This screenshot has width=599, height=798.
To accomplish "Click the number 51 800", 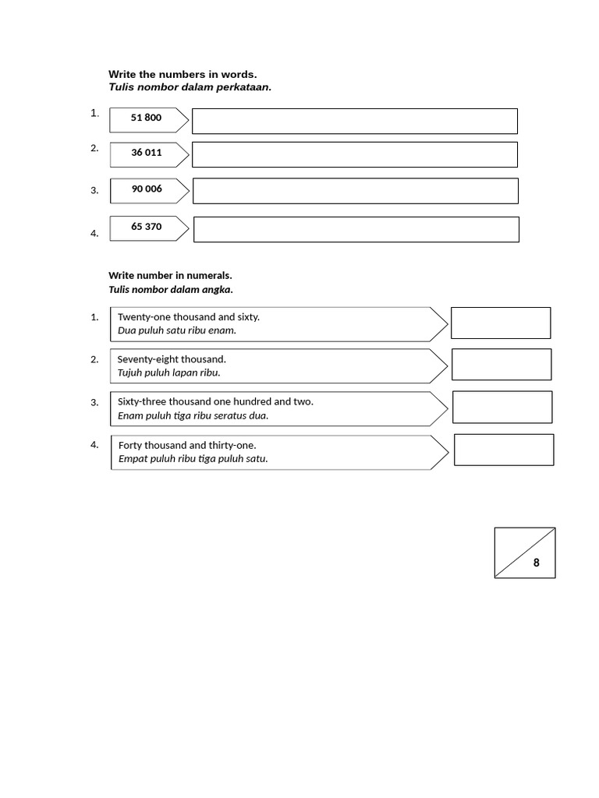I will coord(147,118).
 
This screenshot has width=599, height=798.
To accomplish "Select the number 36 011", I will coord(147,153).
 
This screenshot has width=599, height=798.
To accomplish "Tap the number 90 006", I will coord(147,189).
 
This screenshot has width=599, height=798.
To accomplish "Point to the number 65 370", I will coord(147,227).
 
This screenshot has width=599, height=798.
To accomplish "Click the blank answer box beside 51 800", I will coord(354,121).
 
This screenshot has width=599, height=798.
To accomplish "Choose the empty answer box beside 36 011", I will coord(354,154).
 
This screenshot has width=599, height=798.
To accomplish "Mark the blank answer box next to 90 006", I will coord(355,191).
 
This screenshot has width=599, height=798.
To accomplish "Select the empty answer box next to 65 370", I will coord(356,229).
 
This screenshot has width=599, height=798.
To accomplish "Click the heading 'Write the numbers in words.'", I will coord(183,75).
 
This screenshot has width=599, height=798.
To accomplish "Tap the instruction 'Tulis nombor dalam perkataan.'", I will coord(190,87).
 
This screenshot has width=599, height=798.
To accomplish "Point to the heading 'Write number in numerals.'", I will coord(170,275).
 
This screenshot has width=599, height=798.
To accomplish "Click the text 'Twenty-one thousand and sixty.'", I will coord(189,317).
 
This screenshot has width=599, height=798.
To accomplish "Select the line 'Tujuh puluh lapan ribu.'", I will coord(168,373).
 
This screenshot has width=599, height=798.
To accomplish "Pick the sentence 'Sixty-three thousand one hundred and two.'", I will coord(215,402).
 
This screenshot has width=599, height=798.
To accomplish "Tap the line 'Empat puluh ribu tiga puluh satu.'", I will coord(193,458).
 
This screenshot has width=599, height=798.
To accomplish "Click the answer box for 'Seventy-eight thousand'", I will coord(501,364).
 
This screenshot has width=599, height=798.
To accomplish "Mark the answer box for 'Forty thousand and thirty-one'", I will coord(504,450).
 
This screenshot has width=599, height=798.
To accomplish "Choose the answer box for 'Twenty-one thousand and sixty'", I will coord(501,323).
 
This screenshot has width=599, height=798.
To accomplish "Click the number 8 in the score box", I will coord(537,563).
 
